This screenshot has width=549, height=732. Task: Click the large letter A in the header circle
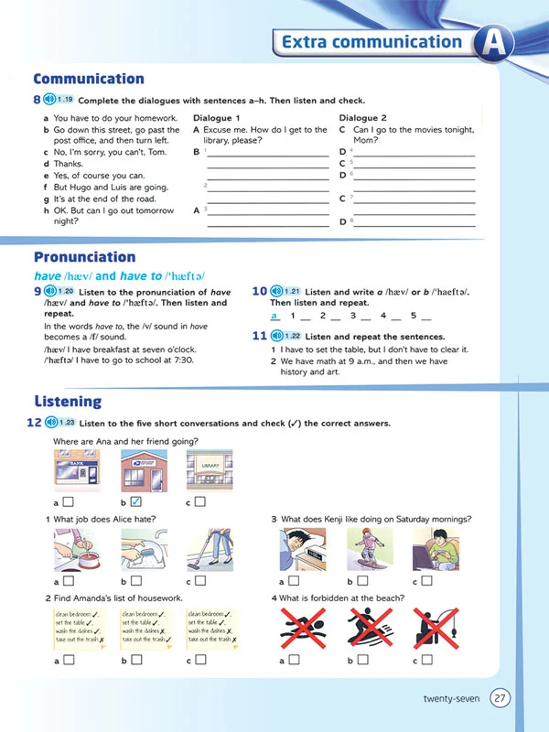pyautogui.click(x=494, y=43)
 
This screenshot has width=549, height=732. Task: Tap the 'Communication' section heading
pyautogui.click(x=89, y=79)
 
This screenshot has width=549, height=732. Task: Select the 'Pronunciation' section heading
pyautogui.click(x=84, y=257)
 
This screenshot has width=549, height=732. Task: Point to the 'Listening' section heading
pyautogui.click(x=68, y=401)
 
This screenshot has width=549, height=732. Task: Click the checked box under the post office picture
pyautogui.click(x=135, y=501)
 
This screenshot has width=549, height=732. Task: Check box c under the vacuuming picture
pyautogui.click(x=200, y=580)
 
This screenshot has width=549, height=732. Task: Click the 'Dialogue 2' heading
pyautogui.click(x=362, y=118)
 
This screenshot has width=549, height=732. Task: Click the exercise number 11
pyautogui.click(x=259, y=336)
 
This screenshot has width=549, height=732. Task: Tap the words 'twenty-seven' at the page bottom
pyautogui.click(x=451, y=700)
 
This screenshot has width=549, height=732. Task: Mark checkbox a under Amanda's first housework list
pyautogui.click(x=69, y=659)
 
